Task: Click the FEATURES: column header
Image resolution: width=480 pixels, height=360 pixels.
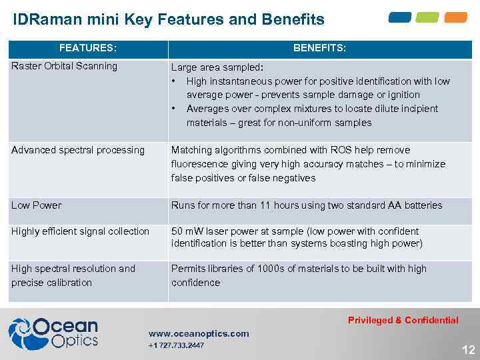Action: (x=87, y=48)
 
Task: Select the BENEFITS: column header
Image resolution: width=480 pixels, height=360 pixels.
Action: (x=319, y=48)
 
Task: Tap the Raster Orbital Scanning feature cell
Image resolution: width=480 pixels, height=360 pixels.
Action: (x=64, y=66)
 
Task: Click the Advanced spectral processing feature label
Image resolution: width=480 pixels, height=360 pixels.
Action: (x=77, y=150)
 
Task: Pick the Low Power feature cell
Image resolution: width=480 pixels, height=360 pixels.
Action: (x=36, y=205)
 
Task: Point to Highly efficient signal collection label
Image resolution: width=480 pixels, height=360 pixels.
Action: (x=80, y=231)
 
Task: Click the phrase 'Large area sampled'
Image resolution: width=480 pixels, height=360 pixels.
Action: (x=215, y=67)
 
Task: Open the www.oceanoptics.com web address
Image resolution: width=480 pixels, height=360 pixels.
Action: (x=199, y=333)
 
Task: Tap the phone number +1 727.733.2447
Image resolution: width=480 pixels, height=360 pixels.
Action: (x=176, y=345)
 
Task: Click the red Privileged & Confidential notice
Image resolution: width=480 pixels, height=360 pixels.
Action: (x=403, y=320)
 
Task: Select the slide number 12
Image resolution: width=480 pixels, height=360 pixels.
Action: (x=469, y=350)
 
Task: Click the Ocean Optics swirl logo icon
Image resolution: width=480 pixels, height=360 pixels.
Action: (x=20, y=333)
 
